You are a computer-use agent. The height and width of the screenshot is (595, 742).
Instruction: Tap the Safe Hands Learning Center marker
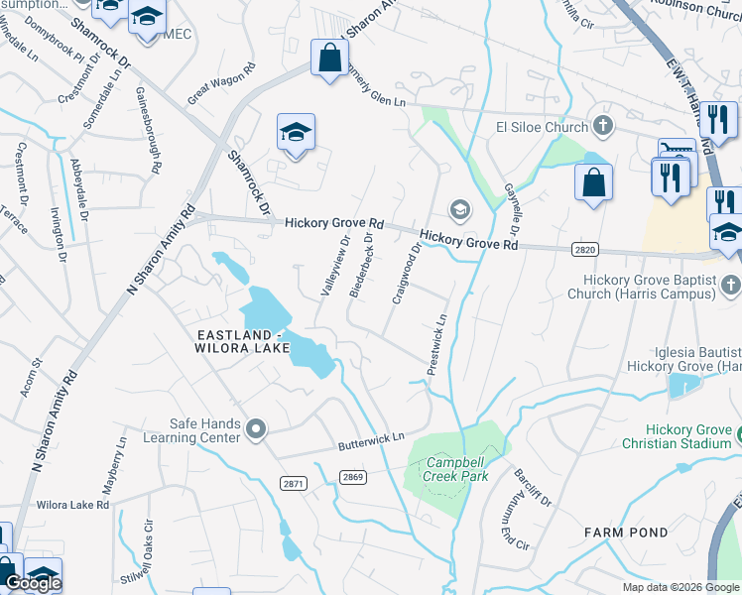pyautogui.click(x=256, y=429)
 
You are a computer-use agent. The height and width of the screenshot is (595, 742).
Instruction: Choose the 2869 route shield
pyautogui.click(x=352, y=477)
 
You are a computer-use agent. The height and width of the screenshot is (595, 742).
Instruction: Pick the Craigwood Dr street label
pyautogui.click(x=408, y=269)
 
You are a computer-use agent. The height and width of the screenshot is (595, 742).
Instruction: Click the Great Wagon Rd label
pyautogui.click(x=221, y=83)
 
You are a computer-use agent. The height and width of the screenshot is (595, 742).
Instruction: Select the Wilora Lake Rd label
pyautogui.click(x=72, y=505)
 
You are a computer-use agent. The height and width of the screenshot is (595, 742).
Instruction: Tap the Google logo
pyautogui.click(x=32, y=583)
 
